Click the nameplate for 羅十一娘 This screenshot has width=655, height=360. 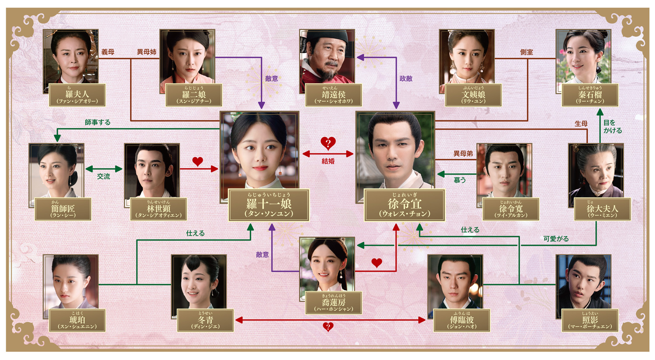tap(269, 205)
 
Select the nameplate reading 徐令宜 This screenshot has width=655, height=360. tap(404, 205)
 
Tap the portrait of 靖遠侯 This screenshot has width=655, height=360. tap(327, 57)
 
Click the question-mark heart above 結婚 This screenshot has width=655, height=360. tap(328, 143)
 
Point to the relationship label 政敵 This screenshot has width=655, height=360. tap(406, 79)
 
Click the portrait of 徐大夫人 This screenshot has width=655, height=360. tap(596, 172)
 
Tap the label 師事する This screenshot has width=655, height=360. tap(97, 122)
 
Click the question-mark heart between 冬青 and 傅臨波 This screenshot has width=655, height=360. tap(328, 327)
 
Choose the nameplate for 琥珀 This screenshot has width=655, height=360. tap(77, 321)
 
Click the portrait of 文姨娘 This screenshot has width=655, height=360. tap(466, 57)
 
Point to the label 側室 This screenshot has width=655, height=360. tap(526, 52)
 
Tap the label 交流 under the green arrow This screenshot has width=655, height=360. tap(103, 176)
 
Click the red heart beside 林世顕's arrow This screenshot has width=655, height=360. tap(197, 161)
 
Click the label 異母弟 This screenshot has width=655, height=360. tap(463, 154)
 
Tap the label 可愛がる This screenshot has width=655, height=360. tap(556, 239)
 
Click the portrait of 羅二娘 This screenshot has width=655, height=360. tap(187, 57)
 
